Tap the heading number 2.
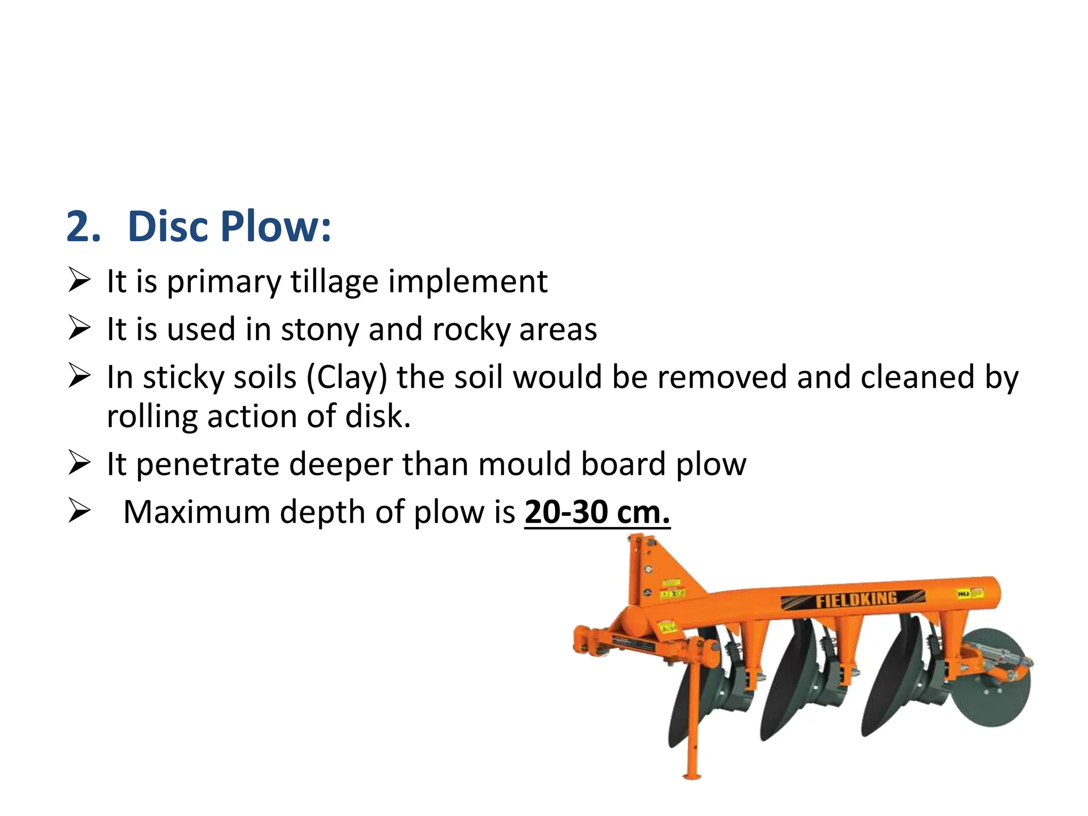click(83, 226)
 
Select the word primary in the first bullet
click(224, 282)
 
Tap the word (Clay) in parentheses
click(347, 378)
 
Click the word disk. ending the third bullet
click(378, 416)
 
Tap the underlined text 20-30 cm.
click(597, 512)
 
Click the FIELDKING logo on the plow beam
click(856, 600)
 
